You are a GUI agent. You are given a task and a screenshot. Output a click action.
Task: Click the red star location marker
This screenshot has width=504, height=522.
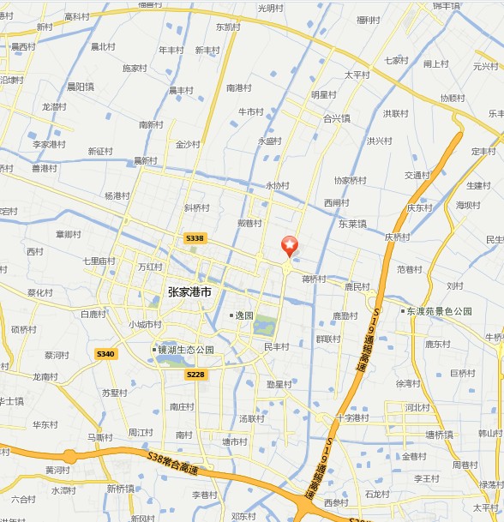(x=290, y=245)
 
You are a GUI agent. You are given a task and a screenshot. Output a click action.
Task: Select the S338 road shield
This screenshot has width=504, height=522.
(x=195, y=238)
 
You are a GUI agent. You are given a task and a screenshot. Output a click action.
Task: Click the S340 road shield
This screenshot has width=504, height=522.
(x=105, y=353)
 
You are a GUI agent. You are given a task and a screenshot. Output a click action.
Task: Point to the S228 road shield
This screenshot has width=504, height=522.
(x=195, y=374)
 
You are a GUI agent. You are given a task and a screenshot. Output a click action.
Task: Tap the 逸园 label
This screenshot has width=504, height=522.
(x=243, y=315)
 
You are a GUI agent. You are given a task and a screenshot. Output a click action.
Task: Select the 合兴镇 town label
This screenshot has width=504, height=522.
(x=336, y=118)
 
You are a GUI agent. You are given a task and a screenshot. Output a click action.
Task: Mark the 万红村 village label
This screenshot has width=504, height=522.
(x=150, y=267)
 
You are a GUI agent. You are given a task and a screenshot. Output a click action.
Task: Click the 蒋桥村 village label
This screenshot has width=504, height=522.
(x=314, y=278)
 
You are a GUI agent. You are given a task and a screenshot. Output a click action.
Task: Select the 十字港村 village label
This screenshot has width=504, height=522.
(x=351, y=417)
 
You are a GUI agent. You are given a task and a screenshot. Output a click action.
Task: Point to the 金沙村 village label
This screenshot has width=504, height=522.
(x=187, y=144)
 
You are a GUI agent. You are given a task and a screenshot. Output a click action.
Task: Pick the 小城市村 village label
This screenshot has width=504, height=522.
(x=144, y=324)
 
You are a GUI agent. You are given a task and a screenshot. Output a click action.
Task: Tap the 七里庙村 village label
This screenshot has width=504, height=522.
(x=99, y=260)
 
